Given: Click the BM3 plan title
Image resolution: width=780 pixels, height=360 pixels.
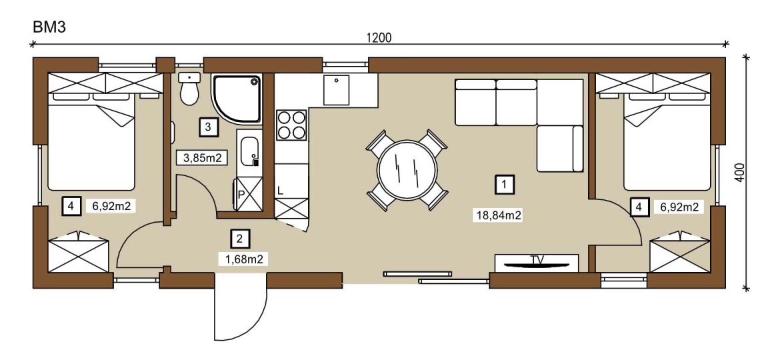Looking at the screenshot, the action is (49, 27).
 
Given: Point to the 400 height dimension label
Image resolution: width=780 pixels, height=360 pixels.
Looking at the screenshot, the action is (740, 173).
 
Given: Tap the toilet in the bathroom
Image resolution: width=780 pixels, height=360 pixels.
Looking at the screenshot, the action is (189, 89).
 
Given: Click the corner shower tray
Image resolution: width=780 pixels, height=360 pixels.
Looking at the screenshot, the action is (237, 99).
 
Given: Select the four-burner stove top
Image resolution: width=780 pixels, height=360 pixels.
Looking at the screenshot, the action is (291, 125).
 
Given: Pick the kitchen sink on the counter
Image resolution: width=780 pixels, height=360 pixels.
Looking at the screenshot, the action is (336, 90).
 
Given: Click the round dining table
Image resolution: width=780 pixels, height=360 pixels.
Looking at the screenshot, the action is (407, 169).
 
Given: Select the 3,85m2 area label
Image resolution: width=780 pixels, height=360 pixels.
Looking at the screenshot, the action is (202, 158).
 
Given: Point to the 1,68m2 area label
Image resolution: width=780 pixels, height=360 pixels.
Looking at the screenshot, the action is (244, 259).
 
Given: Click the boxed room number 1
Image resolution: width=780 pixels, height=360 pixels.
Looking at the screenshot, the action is (505, 185).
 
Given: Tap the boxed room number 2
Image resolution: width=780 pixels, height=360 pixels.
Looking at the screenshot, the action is (240, 239).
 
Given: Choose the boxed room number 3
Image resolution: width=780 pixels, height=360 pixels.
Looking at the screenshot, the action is (208, 127).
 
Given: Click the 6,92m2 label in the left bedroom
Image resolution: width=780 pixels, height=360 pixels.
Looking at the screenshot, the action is (111, 206).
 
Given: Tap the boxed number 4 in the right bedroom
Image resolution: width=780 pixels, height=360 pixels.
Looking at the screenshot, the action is (638, 207).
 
